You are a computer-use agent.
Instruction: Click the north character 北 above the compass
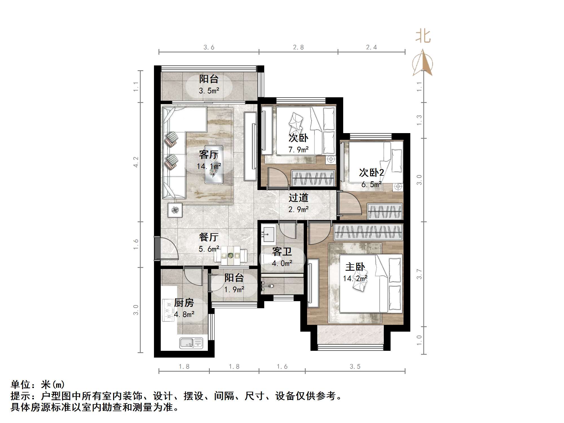point(423,37)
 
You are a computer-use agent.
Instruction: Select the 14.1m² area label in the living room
point(209,166)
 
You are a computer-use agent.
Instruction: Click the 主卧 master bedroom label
point(355,267)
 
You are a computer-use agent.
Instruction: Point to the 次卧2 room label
point(371,172)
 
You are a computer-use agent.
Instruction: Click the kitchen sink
point(191,343)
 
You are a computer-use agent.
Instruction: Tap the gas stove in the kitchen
point(169,310)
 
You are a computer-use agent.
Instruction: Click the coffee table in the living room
point(214,164)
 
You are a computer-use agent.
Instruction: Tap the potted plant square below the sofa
point(175,210)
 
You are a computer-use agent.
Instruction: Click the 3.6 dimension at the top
point(209,47)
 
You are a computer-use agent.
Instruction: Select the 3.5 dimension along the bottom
point(355,367)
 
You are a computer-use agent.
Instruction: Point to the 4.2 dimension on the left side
point(136,162)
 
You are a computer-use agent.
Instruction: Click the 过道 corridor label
point(298,198)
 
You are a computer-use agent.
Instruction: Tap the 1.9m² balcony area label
point(234,290)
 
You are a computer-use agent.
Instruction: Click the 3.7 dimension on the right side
point(419,274)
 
